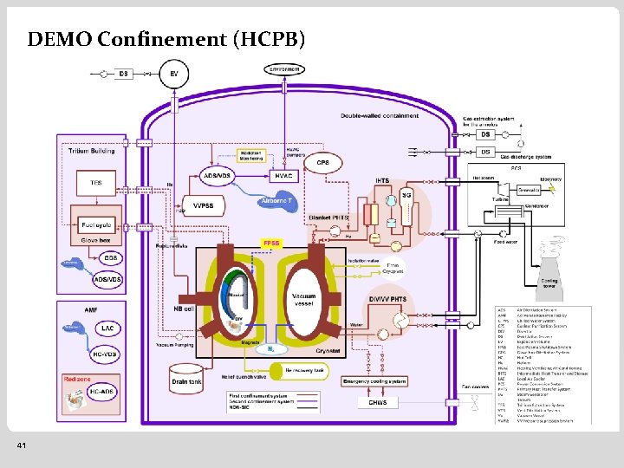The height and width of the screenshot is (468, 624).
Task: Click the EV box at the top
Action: [174, 73]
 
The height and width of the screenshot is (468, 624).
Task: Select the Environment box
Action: [285, 69]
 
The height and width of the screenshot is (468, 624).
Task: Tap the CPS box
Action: [322, 163]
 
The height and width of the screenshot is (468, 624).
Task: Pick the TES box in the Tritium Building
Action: [96, 184]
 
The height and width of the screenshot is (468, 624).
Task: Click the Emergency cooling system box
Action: [374, 381]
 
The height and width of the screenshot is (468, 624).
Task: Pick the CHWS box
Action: [378, 403]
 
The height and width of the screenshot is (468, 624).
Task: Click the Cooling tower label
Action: [549, 283]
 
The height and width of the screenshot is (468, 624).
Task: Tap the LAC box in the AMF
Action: [108, 328]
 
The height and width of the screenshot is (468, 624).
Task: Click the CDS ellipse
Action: [110, 258]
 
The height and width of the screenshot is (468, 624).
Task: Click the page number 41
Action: [21, 445]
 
